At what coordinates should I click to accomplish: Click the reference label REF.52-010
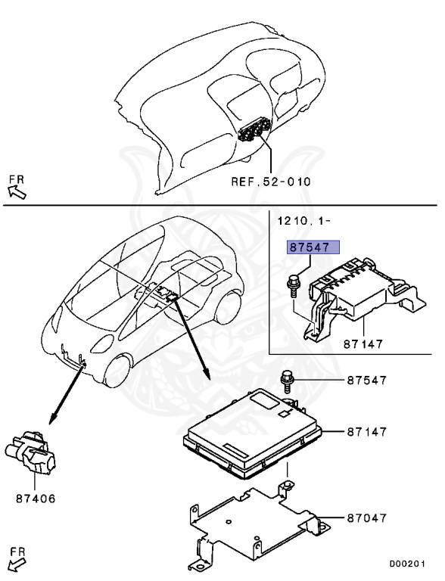pyautogui.click(x=271, y=182)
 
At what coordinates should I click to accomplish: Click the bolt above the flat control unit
pyautogui.click(x=287, y=377)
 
